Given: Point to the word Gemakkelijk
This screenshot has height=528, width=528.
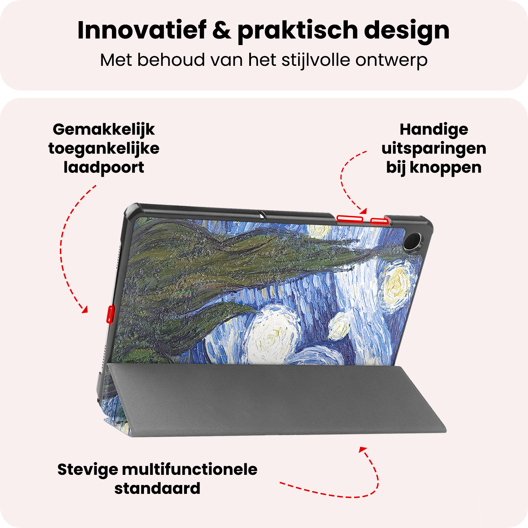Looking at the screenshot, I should tap(103, 130).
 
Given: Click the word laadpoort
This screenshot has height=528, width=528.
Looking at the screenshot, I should tap(103, 168).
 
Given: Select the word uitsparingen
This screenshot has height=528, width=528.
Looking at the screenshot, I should tap(434, 149).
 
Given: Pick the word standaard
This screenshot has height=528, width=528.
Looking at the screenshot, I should tap(157, 489).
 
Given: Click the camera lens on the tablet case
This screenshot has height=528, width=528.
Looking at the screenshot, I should tap(410, 241).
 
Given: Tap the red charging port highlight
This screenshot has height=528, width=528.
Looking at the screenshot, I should tap(111, 314).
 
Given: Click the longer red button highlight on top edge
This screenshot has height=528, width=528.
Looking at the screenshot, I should tap(350, 219).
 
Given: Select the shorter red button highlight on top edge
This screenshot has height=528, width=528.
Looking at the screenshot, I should tap(379, 221).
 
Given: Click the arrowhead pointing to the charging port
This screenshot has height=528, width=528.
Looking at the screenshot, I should tap(84, 310).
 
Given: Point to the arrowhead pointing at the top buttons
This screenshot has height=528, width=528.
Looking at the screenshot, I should tap(364, 211).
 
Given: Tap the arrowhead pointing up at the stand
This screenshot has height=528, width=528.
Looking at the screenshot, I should tap(363, 450).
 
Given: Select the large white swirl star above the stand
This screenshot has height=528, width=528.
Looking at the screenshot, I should tap(271, 334).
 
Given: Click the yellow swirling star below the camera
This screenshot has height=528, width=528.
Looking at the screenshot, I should tap(398, 285).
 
